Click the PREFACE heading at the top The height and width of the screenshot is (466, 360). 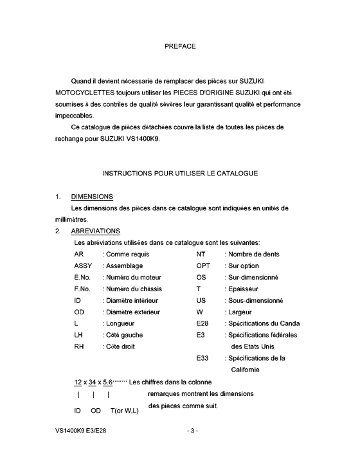(x=180, y=46)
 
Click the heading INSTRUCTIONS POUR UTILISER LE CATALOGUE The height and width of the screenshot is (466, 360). (x=180, y=174)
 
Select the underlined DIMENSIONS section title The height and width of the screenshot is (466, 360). (x=92, y=196)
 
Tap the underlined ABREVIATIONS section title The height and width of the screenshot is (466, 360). (x=95, y=231)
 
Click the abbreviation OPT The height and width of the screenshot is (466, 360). (x=203, y=265)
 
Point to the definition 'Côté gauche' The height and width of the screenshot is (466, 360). (x=123, y=335)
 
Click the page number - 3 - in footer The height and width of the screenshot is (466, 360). (x=192, y=447)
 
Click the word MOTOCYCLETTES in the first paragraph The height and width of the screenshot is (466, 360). (x=85, y=93)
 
